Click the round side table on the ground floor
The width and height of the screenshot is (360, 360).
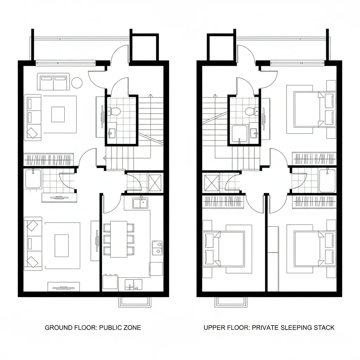[77, 83]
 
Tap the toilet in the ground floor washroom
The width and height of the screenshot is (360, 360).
[114, 111]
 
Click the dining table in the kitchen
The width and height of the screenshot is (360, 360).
[119, 239]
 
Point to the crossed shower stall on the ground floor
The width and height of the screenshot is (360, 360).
[155, 183]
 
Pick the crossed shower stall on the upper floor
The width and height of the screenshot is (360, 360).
[212, 183]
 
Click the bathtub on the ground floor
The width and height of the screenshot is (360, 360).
[33, 179]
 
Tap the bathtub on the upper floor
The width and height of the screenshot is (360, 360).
[327, 180]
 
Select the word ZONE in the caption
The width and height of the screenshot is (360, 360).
[132, 328]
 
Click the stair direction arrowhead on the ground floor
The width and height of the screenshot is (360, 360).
[150, 95]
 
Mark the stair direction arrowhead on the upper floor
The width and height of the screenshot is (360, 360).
[215, 95]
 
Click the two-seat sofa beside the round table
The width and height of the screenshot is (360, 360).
[53, 82]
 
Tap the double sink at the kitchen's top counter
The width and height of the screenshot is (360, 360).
[140, 203]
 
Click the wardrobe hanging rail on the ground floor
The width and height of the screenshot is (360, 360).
[49, 160]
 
